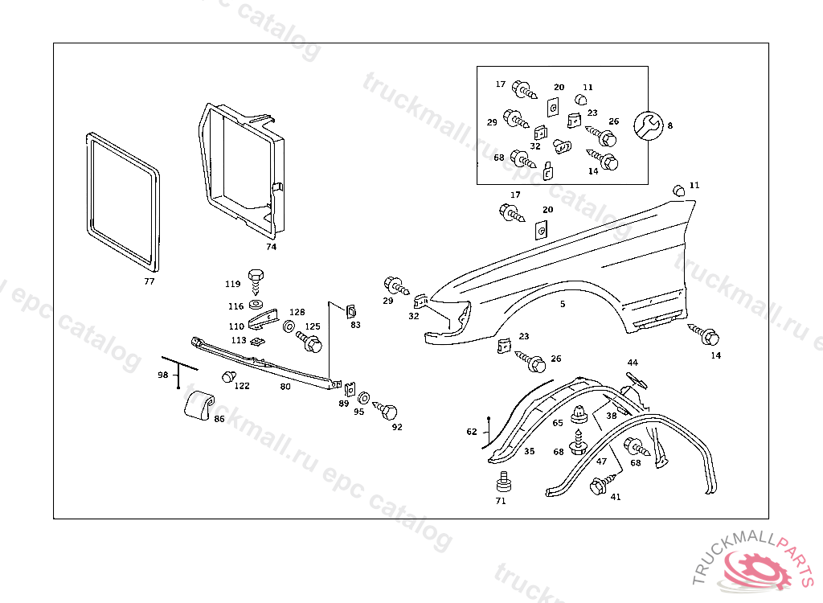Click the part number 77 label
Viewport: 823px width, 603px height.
(x=149, y=281)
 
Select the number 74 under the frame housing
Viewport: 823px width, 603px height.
(x=271, y=247)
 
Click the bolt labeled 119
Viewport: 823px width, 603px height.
(x=256, y=279)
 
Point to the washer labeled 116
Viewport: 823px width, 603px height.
(x=256, y=306)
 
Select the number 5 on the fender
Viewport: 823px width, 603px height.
(x=563, y=304)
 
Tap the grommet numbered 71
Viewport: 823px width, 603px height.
(x=503, y=483)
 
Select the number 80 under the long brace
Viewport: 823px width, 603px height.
(x=285, y=386)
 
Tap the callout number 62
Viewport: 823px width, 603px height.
(x=472, y=432)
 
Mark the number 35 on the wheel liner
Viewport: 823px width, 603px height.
(x=530, y=452)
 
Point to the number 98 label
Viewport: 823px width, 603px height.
(x=163, y=375)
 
